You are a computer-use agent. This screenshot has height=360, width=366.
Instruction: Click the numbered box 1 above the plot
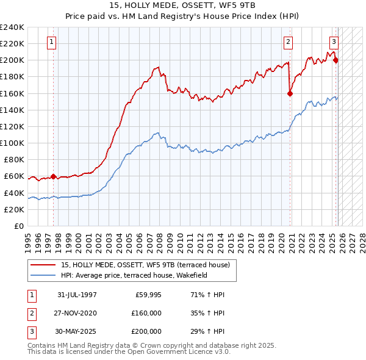coord(52,41)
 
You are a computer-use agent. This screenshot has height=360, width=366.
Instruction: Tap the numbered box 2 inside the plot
coord(288,41)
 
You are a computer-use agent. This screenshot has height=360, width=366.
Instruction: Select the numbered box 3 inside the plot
coord(334,41)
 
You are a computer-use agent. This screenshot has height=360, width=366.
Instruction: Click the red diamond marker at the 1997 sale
coord(54,176)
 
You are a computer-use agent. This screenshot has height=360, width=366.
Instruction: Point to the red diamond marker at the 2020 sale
coord(290,93)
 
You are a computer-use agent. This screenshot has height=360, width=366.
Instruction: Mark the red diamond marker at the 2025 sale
coord(336,60)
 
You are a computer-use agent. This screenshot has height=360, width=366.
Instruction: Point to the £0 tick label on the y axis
coord(19,226)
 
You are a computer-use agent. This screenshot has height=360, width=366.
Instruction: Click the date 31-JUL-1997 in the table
coord(77,295)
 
